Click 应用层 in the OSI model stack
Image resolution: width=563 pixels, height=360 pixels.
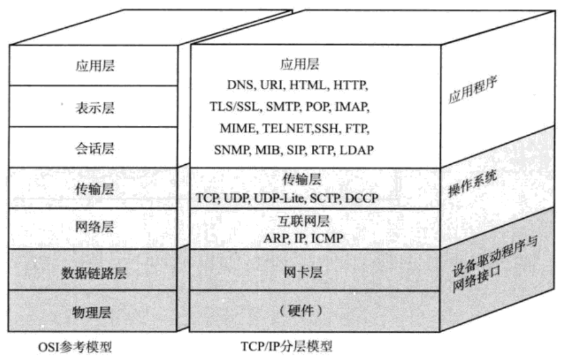94,65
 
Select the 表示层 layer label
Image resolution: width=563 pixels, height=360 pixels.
94,107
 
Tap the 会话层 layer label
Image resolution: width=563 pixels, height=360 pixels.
94,148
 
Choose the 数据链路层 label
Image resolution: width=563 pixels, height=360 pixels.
94,271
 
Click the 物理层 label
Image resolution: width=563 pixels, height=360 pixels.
94,311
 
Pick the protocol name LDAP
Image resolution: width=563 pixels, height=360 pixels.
356,150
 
